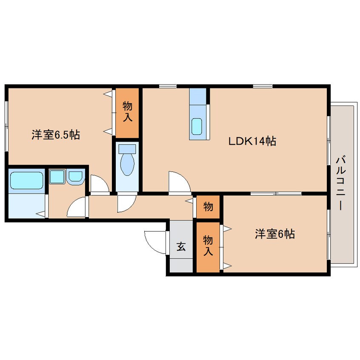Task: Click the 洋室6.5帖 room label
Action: coord(56,135)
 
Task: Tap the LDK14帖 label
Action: coord(252,141)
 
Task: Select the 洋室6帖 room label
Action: coord(275,234)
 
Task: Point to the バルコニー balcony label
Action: coord(341,183)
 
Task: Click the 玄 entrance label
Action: coord(181,246)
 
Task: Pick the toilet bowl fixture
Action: coord(127,164)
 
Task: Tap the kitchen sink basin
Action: coord(197,126)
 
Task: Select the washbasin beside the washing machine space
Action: coord(76,176)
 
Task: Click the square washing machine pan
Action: coord(57,177)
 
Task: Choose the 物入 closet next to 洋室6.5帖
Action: coord(127,113)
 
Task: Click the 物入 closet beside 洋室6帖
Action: coord(208,247)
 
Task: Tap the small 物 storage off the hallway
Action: coord(208,207)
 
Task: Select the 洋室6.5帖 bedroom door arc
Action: coord(103,180)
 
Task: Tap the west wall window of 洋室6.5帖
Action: coord(6,126)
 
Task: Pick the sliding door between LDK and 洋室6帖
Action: coord(276,194)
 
